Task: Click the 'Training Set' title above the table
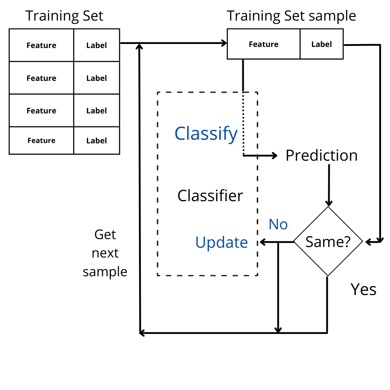coord(64,16)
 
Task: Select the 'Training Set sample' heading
coord(291,16)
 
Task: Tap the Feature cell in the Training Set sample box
coord(264,44)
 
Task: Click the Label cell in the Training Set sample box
coord(322,44)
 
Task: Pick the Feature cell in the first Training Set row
coord(41,45)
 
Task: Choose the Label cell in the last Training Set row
coord(96,140)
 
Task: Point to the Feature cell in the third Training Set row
coord(41,110)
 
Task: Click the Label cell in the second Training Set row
coord(96,78)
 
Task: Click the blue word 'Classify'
coord(206,134)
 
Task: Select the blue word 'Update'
coord(221,243)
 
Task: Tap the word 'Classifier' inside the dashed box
coord(210,196)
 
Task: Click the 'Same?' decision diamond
coord(328,241)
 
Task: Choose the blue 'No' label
coord(278,224)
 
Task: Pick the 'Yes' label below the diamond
coord(363,290)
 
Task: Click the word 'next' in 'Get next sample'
coord(105,253)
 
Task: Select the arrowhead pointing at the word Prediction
coord(274,156)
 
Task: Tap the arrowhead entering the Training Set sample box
coord(224,43)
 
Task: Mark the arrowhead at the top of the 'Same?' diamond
coord(329,203)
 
